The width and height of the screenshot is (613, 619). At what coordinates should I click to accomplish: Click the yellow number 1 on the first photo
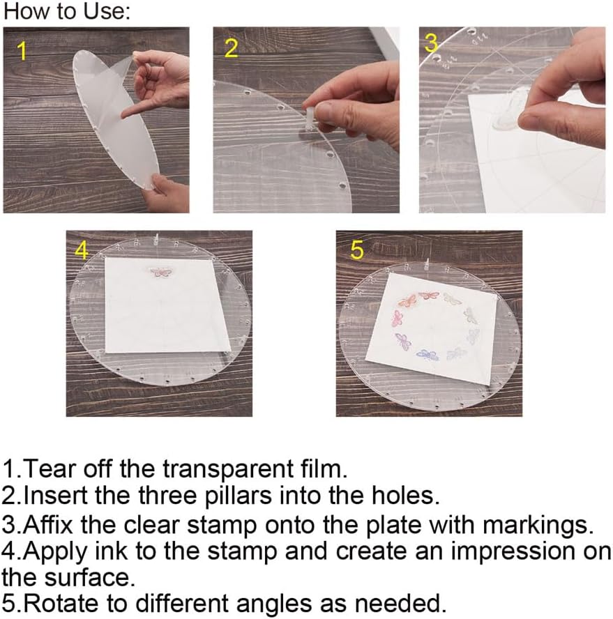pos(22,52)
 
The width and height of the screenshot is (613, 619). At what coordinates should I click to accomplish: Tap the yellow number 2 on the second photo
pos(231,48)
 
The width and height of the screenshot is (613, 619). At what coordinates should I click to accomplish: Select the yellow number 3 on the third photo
pos(431,43)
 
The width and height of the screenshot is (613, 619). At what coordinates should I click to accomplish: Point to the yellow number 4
pos(82,250)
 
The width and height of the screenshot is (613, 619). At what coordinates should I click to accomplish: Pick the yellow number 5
pos(357,250)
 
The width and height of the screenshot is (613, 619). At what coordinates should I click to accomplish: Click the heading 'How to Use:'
pos(66,11)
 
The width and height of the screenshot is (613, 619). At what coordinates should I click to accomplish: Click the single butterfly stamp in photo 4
pos(161,272)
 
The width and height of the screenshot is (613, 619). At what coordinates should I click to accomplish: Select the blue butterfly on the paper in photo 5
pos(427,355)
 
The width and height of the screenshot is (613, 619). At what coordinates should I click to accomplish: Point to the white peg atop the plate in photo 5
pos(427,265)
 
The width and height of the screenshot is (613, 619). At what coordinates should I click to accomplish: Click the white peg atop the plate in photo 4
pos(157,238)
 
